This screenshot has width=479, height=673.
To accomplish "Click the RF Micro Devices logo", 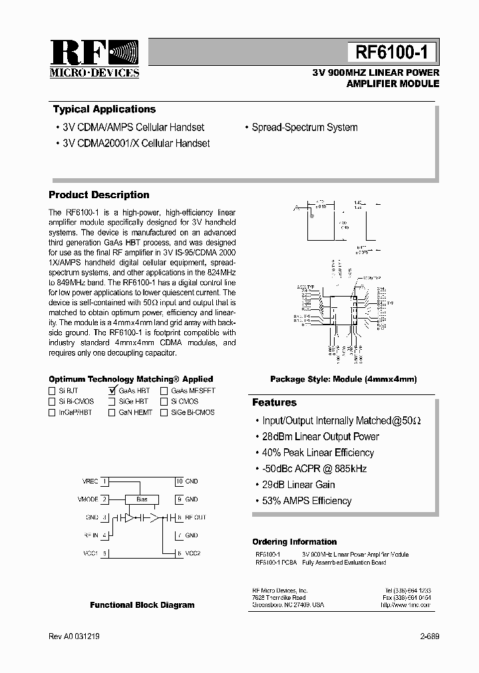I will click(93, 59).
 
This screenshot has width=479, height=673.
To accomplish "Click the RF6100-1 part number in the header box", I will click(392, 52).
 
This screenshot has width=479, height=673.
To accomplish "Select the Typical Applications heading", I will click(104, 109).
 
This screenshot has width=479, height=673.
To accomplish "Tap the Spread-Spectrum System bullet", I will click(304, 127).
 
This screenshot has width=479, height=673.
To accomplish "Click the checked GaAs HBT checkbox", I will click(112, 391).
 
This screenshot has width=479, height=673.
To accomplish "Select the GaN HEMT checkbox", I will click(112, 412).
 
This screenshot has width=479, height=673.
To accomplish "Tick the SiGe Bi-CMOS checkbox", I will click(164, 412).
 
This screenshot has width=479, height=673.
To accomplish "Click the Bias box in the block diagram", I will click(142, 499).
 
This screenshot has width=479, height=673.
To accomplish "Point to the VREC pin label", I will click(90, 481).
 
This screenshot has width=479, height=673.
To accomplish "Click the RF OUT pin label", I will click(196, 517).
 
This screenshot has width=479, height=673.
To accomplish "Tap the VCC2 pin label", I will click(192, 553).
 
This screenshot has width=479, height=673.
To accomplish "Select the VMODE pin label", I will click(88, 499).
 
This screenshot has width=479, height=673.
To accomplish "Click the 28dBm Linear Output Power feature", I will click(321, 436).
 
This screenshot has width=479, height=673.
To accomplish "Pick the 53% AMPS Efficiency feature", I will click(307, 500).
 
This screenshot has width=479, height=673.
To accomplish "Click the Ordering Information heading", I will click(294, 541).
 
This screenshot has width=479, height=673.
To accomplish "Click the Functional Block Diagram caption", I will click(142, 605).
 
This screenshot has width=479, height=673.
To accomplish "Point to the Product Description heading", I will click(99, 195).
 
